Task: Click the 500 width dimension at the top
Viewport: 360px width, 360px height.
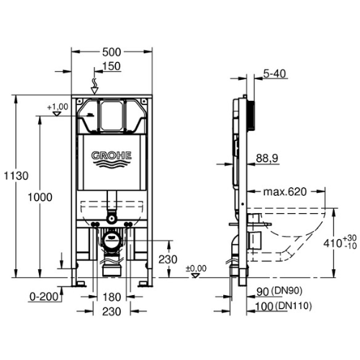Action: coord(112,52)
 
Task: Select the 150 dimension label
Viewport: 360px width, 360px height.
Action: coord(112,66)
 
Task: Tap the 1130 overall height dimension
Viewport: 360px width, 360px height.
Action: coord(17,176)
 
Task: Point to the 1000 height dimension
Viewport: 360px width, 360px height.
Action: coord(40,197)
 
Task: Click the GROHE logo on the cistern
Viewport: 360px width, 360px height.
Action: coord(112,158)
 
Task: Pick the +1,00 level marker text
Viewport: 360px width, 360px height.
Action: coord(58,107)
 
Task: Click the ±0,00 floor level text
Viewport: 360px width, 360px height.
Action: coord(197,269)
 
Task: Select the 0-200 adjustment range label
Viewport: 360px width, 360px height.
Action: coord(44,297)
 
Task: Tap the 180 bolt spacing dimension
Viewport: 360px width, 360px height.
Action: coord(112,297)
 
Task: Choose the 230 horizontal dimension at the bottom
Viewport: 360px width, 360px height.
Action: coord(112,312)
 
